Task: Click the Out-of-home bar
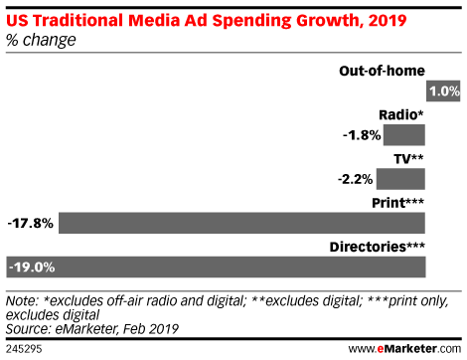coord(443,91)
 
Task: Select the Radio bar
coord(404,135)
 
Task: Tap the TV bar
coord(401,179)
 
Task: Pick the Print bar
coord(242,223)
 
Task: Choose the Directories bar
coord(238,267)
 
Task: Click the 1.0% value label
coord(443,91)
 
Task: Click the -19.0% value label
coord(31,267)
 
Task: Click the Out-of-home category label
coord(382,71)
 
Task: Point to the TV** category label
coord(408,158)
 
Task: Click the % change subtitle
coord(41,39)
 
